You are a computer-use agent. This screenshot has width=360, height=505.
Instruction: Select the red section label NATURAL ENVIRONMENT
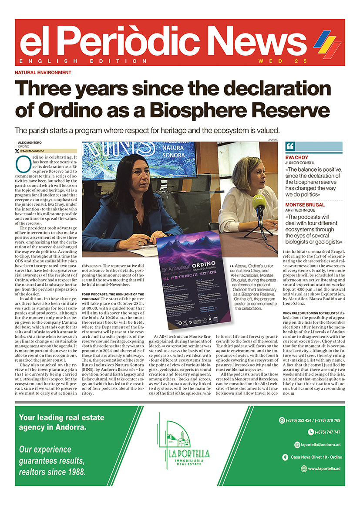[x=43, y=73]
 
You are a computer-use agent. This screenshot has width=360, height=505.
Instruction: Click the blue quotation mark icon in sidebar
[x=290, y=146]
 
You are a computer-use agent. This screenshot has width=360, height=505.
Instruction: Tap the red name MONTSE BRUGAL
[x=305, y=205]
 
